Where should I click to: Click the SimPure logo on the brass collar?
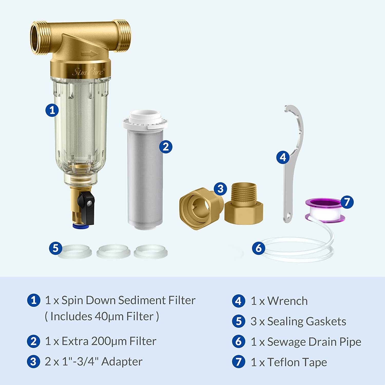click(89, 71)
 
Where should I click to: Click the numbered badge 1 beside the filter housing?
click(52, 110)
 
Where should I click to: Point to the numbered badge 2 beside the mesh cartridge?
click(166, 147)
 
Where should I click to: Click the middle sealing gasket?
click(113, 251)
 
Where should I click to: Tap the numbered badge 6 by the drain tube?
click(258, 248)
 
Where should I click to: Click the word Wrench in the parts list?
click(287, 301)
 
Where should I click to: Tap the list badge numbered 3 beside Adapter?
click(34, 362)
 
